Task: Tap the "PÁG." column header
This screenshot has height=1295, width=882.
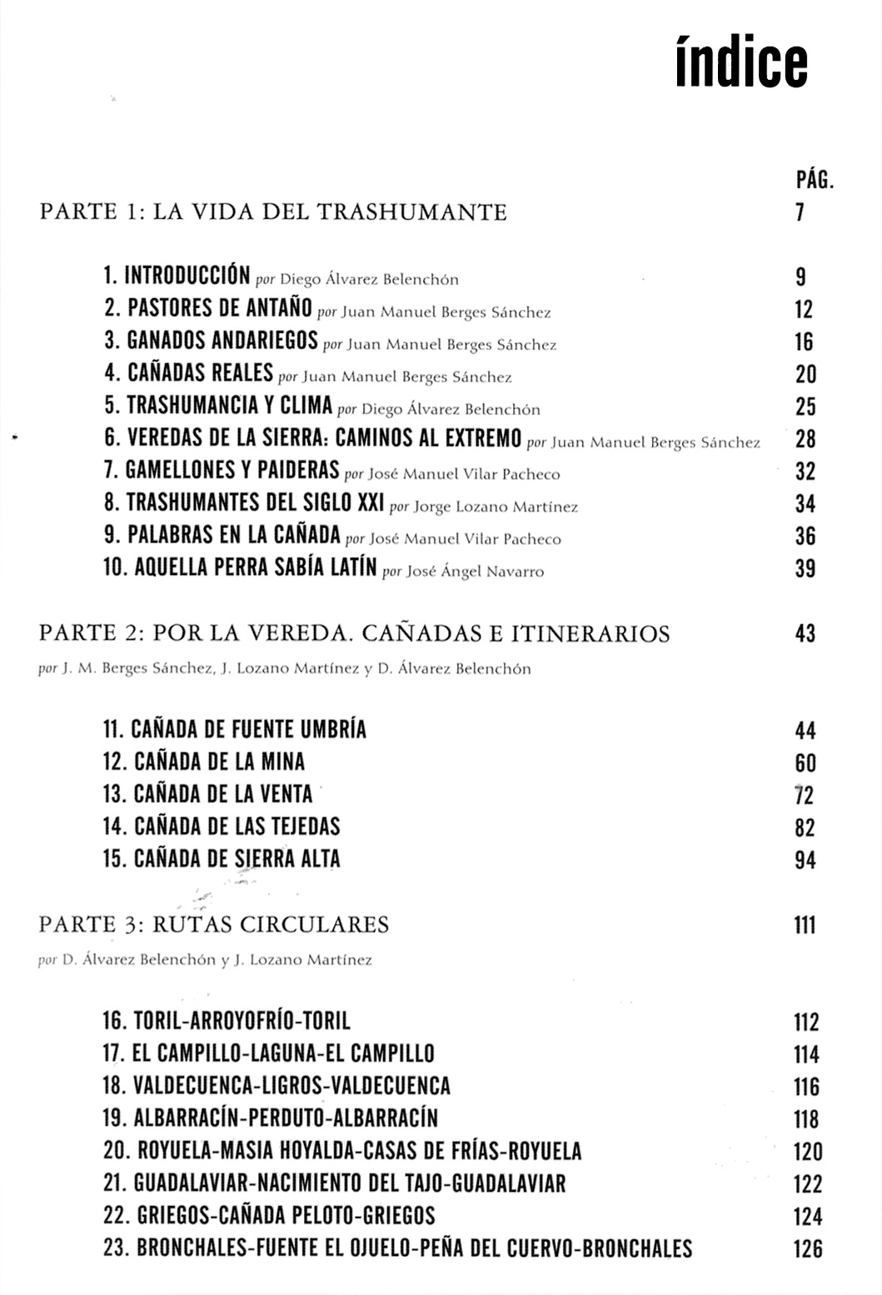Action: tap(815, 178)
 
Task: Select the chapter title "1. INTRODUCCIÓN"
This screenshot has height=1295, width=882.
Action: tap(177, 276)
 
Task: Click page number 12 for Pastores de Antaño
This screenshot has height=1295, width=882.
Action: tap(803, 310)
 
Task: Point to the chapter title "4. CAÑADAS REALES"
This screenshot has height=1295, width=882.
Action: tap(188, 374)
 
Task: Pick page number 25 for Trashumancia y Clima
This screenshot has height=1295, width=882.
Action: tap(805, 407)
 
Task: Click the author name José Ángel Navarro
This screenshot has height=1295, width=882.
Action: tap(475, 572)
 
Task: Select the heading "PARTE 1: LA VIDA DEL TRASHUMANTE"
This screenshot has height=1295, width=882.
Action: tap(273, 212)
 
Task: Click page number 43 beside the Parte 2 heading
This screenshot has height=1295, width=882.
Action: tap(805, 634)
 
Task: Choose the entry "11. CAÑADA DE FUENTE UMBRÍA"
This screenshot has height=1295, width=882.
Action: tap(235, 730)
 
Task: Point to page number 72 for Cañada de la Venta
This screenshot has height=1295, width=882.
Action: tap(805, 796)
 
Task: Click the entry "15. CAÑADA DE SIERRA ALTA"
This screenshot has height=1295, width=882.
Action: tap(222, 859)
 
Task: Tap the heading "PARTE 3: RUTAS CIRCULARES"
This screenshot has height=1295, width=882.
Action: tap(214, 925)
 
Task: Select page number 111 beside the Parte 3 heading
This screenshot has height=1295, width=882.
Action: tap(804, 925)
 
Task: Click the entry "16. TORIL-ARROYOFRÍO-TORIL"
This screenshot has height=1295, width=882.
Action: tap(227, 1020)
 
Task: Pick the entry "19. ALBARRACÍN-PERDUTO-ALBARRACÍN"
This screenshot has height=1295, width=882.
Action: tap(271, 1118)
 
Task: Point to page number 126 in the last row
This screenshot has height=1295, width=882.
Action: tap(807, 1248)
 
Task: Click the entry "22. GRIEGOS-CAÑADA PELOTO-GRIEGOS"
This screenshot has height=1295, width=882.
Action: tap(269, 1215)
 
